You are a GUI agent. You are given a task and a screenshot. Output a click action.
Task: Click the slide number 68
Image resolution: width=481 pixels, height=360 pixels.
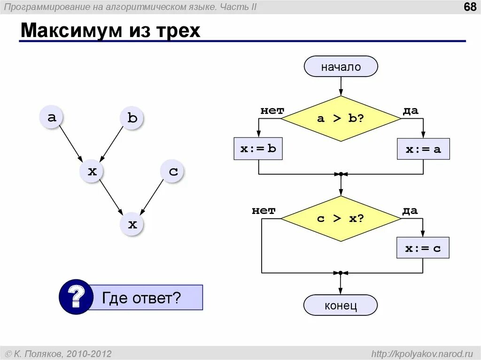(470, 8)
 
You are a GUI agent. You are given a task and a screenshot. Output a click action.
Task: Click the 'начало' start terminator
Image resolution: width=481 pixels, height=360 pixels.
(341, 67)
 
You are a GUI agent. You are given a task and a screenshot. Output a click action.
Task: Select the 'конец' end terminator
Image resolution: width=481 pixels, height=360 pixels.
(341, 306)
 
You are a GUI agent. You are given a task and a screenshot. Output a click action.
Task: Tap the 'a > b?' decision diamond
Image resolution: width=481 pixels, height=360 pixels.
(341, 118)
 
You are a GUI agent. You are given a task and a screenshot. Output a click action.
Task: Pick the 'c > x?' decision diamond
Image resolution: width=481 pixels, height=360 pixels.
(341, 219)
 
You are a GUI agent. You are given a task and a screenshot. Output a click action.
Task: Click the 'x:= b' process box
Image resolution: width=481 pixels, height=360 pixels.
(258, 149)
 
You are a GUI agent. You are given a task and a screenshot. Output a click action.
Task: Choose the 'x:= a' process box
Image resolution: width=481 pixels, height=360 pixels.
(423, 149)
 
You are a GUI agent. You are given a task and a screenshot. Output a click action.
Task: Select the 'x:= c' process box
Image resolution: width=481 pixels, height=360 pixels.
(423, 248)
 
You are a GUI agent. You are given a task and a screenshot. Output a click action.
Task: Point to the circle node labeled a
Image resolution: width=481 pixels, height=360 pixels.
(52, 117)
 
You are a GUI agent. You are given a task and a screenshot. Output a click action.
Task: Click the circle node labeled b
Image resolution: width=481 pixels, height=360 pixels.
(132, 118)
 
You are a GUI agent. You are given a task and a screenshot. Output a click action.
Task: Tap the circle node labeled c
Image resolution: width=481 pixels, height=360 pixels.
(173, 171)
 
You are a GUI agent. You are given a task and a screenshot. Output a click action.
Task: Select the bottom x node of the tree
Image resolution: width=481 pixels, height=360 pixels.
(132, 224)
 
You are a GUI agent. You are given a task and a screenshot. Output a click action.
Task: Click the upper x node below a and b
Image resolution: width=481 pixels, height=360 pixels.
(92, 171)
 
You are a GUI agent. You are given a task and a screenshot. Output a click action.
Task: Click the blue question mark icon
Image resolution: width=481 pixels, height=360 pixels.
(76, 297)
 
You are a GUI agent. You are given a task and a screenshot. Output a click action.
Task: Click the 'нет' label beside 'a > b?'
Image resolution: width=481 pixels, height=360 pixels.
(272, 111)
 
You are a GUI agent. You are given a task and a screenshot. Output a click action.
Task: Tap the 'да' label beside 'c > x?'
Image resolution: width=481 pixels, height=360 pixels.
(410, 211)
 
